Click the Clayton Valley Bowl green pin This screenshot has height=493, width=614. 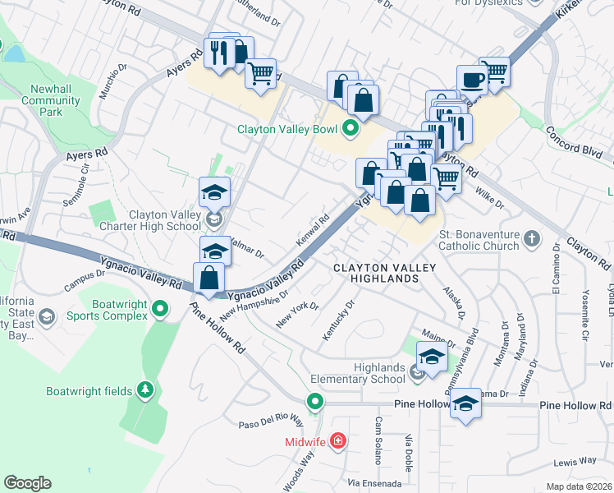tap(351, 128)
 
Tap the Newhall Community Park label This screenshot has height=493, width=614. tap(50, 100)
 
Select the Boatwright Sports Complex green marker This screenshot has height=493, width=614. tap(160, 309)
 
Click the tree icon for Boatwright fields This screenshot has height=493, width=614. tap(145, 389)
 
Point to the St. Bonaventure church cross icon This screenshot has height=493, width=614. tap(532, 239)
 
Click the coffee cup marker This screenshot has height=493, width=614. tap(471, 80)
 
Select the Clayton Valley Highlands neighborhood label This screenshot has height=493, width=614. tap(376, 274)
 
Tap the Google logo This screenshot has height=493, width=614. tap(27, 483)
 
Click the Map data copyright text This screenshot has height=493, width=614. tap(580, 486)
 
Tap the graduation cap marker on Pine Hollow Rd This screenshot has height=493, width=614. tap(465, 403)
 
